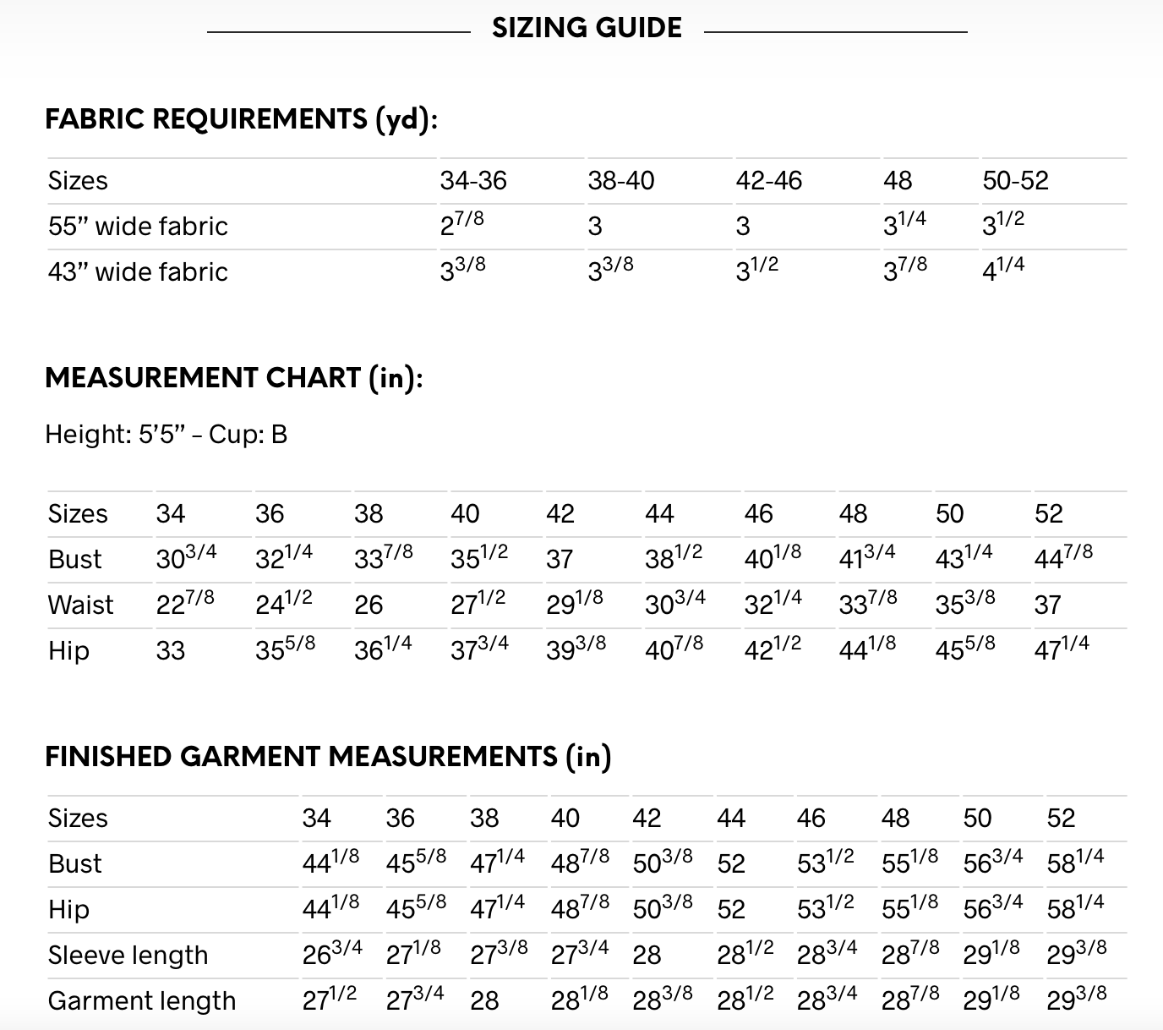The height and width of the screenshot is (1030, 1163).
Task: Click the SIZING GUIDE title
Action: (x=587, y=28)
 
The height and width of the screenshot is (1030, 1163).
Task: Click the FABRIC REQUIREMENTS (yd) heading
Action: (x=241, y=119)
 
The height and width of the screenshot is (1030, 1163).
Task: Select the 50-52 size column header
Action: (x=1015, y=181)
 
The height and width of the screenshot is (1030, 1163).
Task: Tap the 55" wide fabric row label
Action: (x=138, y=227)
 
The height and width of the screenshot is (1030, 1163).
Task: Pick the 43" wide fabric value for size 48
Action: (x=905, y=271)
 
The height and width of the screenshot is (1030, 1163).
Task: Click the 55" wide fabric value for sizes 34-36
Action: (x=461, y=225)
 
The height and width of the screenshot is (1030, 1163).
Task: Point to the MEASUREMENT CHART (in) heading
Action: (x=233, y=378)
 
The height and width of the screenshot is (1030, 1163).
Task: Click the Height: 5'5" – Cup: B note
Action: (x=166, y=435)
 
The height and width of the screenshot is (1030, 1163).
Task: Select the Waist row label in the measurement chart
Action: (x=80, y=605)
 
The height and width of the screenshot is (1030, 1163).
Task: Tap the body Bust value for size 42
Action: (x=560, y=560)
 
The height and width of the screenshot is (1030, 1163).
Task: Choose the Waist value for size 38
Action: (x=369, y=605)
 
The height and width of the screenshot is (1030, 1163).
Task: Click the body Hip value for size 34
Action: (x=170, y=651)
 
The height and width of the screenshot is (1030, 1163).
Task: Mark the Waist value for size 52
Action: (x=1047, y=605)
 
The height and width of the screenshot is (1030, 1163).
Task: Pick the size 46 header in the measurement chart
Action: (x=758, y=514)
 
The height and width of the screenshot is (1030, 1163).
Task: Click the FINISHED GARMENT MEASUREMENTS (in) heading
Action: (x=327, y=757)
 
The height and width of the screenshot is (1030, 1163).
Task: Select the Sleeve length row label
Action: (x=128, y=956)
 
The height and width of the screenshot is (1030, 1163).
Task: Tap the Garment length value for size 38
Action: (x=484, y=1001)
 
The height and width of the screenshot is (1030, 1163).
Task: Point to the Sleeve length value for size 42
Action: (x=647, y=956)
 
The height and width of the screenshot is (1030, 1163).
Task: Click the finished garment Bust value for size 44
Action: (x=731, y=864)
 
